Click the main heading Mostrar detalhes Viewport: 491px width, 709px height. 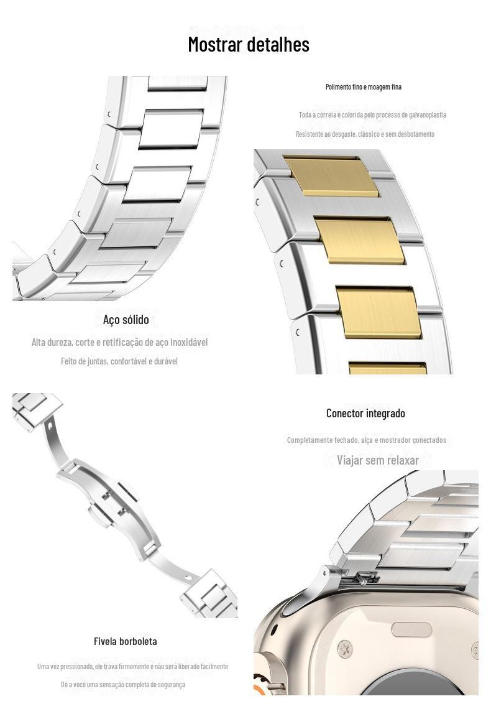click(249, 45)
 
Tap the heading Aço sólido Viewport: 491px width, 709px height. click(126, 320)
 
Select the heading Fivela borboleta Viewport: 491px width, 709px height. click(126, 641)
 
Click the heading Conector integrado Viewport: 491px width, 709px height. click(365, 413)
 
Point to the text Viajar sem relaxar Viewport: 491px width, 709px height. click(378, 460)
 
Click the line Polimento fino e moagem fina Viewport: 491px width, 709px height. click(364, 87)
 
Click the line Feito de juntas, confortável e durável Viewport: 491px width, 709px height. click(119, 361)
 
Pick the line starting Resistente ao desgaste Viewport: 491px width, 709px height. click(365, 134)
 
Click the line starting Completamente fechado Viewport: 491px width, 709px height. click(366, 440)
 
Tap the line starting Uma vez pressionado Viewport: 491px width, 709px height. click(132, 667)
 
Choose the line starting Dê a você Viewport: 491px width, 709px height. click(123, 685)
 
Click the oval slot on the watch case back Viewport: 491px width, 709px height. click(411, 629)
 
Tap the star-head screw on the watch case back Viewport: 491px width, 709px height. click(344, 649)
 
